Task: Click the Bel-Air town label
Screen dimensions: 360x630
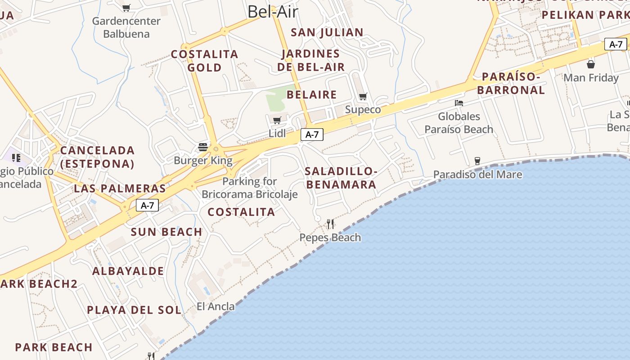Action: coord(273,12)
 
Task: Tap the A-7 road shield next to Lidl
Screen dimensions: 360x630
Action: coord(312,134)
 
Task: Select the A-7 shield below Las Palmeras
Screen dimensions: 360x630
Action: coord(147,206)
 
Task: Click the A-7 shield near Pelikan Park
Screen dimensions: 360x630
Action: coord(616,44)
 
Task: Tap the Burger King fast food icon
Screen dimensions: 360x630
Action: coord(203,147)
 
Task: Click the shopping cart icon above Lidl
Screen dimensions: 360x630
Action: coord(277,120)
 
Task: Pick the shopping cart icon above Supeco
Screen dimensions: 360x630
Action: coord(363,96)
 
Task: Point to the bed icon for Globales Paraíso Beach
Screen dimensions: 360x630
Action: coord(459,103)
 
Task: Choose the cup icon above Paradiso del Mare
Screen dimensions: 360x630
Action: coord(477,161)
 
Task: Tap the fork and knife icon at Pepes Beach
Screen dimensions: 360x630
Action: coord(330,224)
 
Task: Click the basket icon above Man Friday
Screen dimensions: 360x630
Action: coord(591,64)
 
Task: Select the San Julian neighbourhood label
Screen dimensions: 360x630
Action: coord(327,32)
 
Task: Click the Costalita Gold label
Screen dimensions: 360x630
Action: coord(205,61)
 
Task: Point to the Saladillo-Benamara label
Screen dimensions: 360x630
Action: coord(341,178)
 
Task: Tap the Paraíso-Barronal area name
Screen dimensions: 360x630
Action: coord(511,83)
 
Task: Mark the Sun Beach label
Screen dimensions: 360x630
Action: coord(166,232)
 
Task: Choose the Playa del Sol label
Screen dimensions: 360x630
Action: coord(134,310)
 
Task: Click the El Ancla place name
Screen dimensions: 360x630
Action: coord(216,306)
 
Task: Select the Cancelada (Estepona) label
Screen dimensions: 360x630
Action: coord(97,157)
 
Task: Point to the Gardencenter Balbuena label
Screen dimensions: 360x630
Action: coord(126,27)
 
